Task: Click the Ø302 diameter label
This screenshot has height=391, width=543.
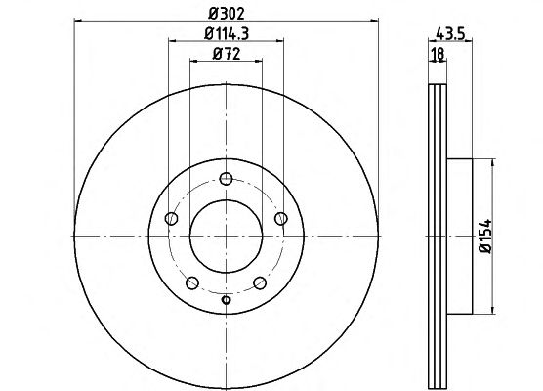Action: pyautogui.click(x=227, y=14)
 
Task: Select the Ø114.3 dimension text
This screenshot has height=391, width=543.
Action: pyautogui.click(x=227, y=33)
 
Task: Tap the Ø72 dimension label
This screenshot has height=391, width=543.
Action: pyautogui.click(x=227, y=54)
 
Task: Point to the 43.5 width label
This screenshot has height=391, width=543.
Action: pyautogui.click(x=450, y=34)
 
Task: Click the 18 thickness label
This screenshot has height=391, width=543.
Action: pyautogui.click(x=438, y=54)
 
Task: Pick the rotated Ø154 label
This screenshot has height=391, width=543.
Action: pyautogui.click(x=484, y=236)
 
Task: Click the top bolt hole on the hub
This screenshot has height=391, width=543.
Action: pyautogui.click(x=227, y=179)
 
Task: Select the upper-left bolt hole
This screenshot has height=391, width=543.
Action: pyautogui.click(x=171, y=219)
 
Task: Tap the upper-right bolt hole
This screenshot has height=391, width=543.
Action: pyautogui.click(x=281, y=219)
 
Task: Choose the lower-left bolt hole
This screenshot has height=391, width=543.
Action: pyautogui.click(x=192, y=282)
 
